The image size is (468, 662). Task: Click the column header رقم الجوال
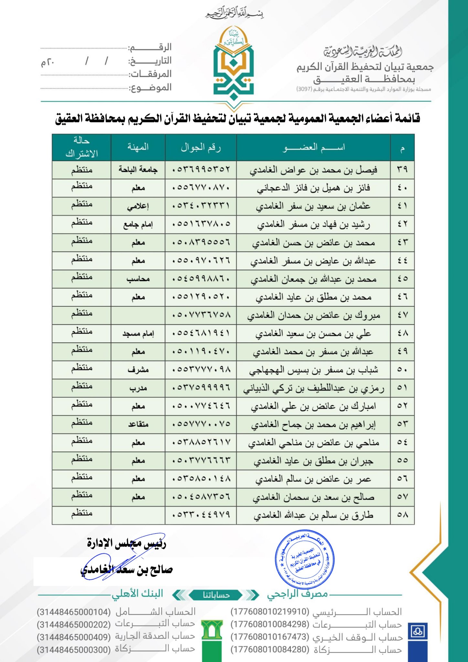201,147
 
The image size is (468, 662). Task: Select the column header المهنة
138,147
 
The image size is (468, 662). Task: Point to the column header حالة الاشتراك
81,147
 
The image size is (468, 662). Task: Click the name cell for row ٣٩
313,170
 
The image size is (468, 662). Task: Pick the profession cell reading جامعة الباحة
138,170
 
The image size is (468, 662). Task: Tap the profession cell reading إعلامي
138,206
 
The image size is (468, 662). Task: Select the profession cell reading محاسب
138,279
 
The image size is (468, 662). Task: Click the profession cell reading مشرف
138,370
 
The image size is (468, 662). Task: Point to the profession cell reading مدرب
138,388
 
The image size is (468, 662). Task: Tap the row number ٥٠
402,370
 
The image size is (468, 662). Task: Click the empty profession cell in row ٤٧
138,315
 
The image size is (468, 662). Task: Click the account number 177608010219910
270,612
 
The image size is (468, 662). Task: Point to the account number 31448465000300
74,649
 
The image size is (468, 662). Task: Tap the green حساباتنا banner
216,595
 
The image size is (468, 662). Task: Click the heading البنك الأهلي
138,594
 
